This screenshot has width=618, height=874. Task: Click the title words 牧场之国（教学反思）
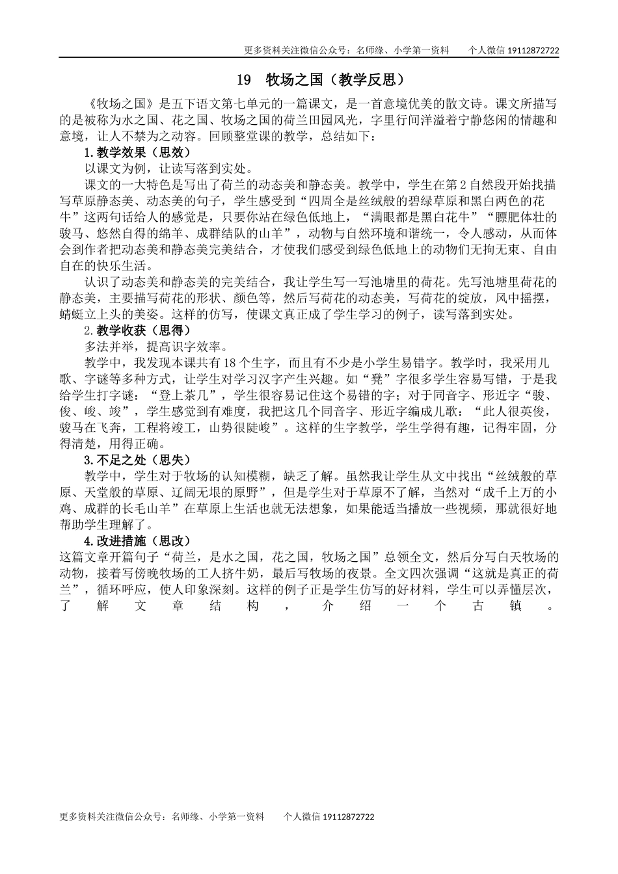point(336,80)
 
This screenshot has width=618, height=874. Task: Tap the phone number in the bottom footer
point(348,817)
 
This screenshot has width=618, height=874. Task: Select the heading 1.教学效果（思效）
point(137,152)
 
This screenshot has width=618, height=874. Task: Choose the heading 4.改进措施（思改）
point(137,541)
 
